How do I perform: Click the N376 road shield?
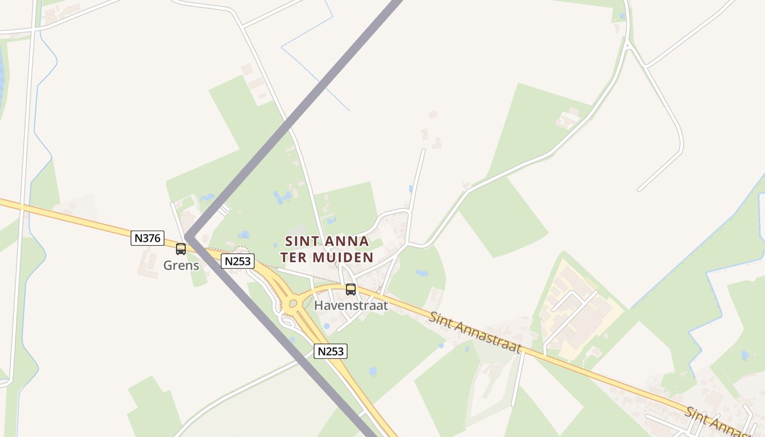148,238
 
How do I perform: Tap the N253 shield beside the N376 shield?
238,261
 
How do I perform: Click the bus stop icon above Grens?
181,249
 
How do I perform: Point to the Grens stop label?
181,266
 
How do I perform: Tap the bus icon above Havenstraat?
351,290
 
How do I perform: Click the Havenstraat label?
351,305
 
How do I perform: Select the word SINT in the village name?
302,241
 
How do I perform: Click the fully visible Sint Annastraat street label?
474,332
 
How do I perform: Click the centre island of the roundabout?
293,304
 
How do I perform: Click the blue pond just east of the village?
422,273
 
